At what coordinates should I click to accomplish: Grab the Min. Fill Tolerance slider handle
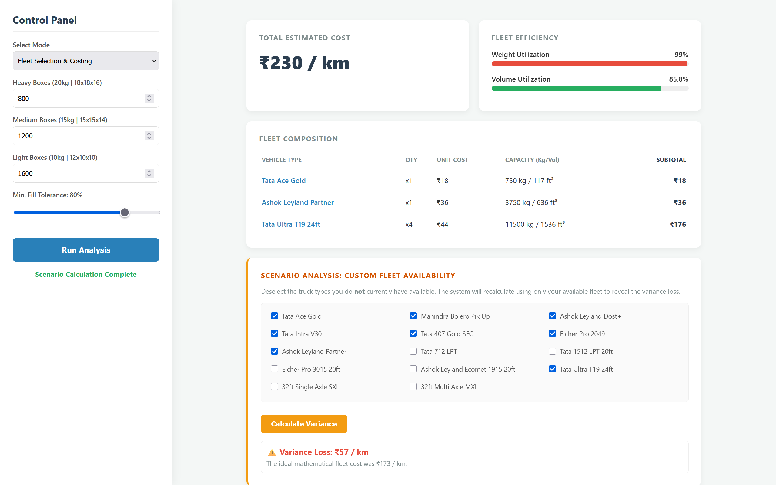[x=125, y=212]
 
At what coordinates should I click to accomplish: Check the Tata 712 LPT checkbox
[x=413, y=351]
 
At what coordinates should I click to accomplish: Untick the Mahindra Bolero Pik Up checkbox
[x=413, y=316]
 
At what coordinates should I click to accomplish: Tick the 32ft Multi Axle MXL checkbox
[x=413, y=386]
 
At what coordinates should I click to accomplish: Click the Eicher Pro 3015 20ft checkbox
[x=275, y=369]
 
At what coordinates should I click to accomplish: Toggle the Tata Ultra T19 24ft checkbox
[x=552, y=369]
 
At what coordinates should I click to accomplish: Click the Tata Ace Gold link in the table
[x=283, y=181]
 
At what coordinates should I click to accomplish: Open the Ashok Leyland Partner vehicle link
[x=298, y=202]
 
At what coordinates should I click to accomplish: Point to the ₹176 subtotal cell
[x=678, y=224]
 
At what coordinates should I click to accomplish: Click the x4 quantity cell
[x=409, y=224]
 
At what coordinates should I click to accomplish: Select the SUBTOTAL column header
[x=671, y=160]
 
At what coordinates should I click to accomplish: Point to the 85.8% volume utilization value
[x=678, y=79]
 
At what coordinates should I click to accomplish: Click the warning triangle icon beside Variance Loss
[x=272, y=453]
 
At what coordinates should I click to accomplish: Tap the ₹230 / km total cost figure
[x=304, y=63]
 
